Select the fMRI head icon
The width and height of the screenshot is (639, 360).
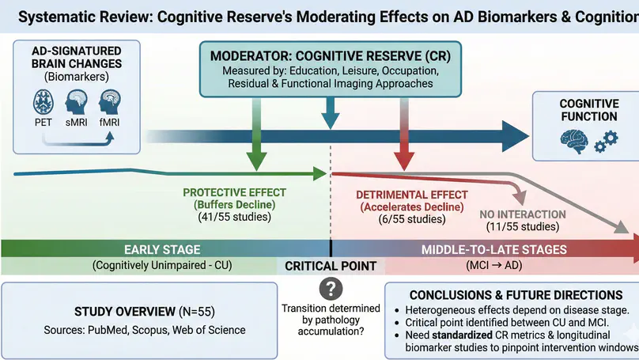point(109,103)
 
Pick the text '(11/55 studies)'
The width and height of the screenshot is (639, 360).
point(521,227)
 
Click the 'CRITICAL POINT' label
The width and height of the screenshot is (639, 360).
point(330,266)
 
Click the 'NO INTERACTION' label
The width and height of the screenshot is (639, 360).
point(522,214)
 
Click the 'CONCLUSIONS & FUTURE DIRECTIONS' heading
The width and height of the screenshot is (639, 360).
point(511,295)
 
